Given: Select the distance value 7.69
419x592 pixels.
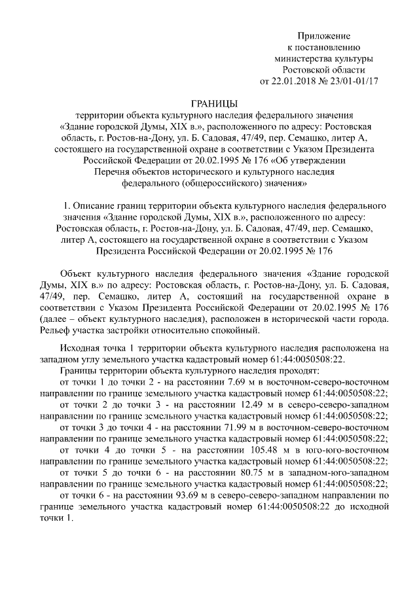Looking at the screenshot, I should (223, 381).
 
